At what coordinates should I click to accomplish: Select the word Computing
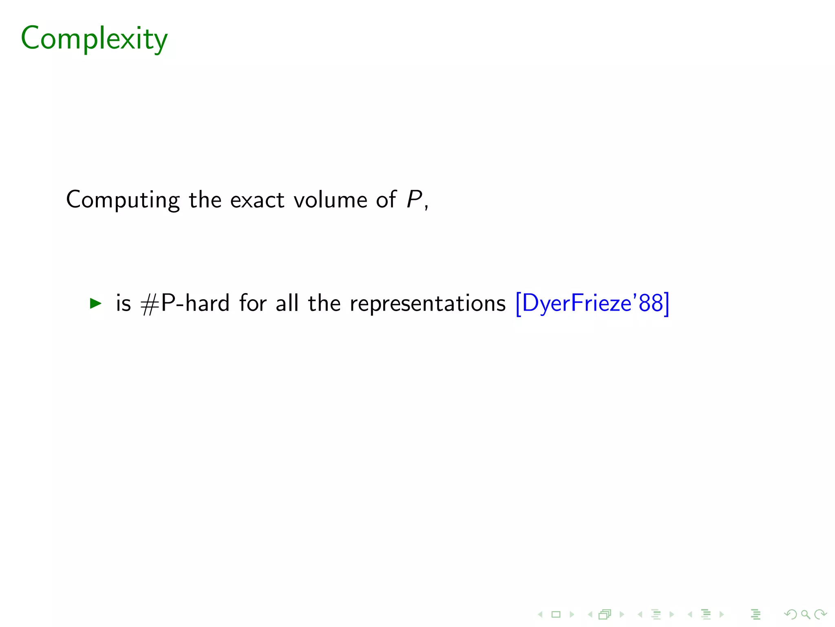[123, 200]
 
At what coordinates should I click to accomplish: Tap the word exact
[257, 200]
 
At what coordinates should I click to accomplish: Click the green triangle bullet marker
[95, 303]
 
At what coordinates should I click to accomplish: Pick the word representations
[428, 304]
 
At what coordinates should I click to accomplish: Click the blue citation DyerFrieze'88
[592, 304]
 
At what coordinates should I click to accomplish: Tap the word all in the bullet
[287, 304]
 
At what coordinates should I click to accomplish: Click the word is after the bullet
[124, 304]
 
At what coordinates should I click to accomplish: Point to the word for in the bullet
[253, 304]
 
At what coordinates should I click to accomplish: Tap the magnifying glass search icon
[805, 614]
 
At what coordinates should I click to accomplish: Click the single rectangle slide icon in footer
[556, 614]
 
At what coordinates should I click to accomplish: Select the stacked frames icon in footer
[605, 614]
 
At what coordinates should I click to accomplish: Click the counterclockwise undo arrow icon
[791, 614]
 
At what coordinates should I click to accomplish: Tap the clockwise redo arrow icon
[820, 614]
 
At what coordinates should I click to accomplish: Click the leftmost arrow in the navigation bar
[540, 614]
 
